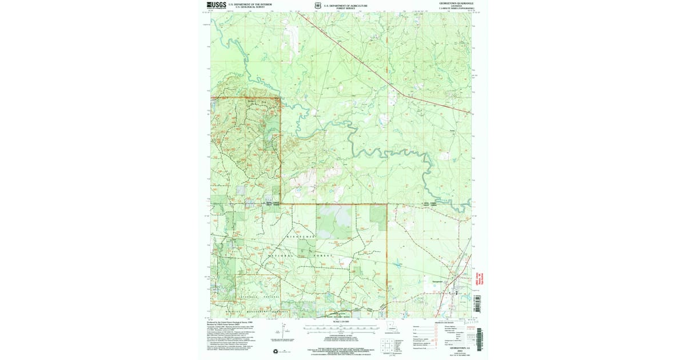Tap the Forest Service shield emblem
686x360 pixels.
click(x=318, y=6)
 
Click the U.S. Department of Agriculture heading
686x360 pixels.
click(x=346, y=5)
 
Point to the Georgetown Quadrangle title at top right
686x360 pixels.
click(x=456, y=3)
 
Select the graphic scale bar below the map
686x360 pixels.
click(x=340, y=329)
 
